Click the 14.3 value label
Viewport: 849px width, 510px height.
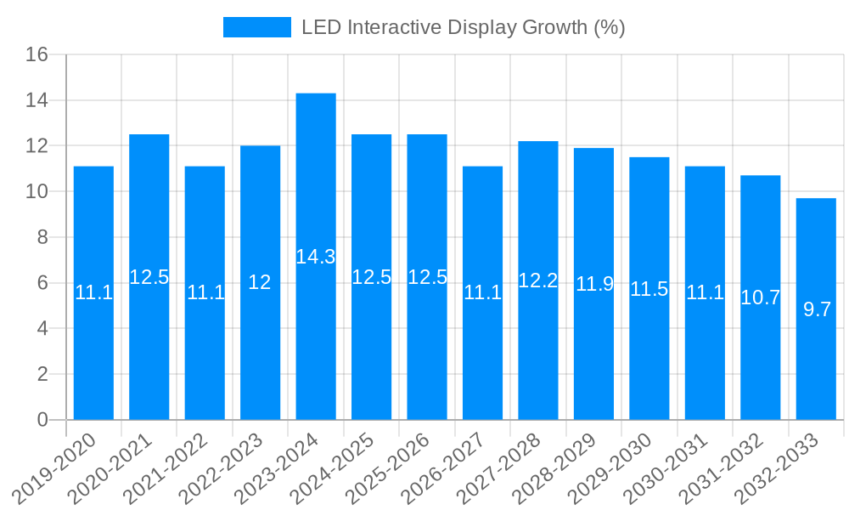pos(316,257)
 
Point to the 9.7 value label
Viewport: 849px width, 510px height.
pos(817,309)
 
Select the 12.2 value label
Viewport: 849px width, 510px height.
pos(538,280)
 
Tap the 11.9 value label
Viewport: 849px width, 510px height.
pos(594,284)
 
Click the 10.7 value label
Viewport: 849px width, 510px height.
pos(761,297)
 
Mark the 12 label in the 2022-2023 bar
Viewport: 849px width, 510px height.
pos(260,283)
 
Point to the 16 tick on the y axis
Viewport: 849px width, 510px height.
pos(37,55)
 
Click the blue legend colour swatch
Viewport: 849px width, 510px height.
pos(256,27)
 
